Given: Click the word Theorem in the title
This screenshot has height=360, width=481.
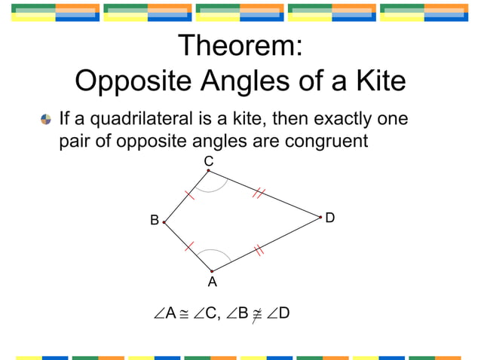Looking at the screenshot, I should [x=240, y=46].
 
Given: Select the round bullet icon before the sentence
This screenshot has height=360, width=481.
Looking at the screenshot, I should [x=46, y=120].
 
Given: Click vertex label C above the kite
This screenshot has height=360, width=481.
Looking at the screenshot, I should [x=209, y=161].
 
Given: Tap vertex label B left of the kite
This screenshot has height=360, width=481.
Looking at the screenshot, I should [x=154, y=221].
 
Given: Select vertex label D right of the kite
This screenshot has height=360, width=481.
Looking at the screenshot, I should [x=329, y=218].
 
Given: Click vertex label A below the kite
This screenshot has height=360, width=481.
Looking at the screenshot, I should [x=212, y=282].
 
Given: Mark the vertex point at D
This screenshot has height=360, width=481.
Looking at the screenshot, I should [x=320, y=217].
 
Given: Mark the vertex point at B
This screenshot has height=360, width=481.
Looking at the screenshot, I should [x=164, y=222].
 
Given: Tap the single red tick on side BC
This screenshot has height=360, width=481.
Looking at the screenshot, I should [x=190, y=194].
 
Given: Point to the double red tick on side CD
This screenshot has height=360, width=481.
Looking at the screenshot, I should [x=258, y=194].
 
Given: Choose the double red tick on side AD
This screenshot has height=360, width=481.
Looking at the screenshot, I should [x=259, y=250].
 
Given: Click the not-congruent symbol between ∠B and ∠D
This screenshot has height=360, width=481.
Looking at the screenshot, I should [x=256, y=313].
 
